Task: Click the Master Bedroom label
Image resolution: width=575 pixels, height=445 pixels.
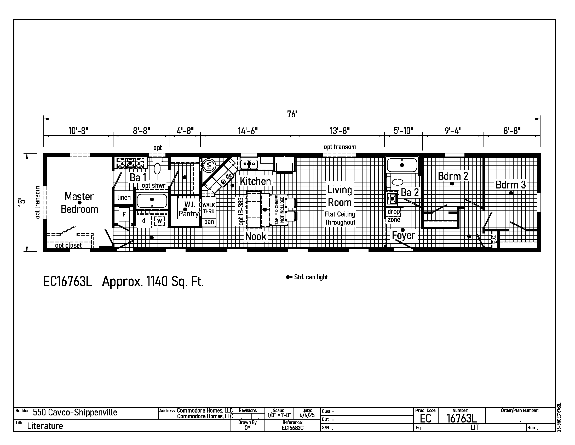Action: pyautogui.click(x=79, y=203)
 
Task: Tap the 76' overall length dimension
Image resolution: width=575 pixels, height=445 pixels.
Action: pyautogui.click(x=292, y=114)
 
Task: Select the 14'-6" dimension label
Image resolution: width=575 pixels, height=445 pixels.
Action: pyautogui.click(x=248, y=131)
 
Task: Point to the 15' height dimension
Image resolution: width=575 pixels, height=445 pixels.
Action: pyautogui.click(x=23, y=202)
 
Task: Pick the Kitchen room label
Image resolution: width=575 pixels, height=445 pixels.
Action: pyautogui.click(x=255, y=181)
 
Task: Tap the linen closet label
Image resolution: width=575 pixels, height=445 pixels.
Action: pyautogui.click(x=124, y=197)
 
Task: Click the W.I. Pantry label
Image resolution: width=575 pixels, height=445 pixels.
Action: pyautogui.click(x=189, y=209)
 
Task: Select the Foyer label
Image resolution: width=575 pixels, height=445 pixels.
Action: pyautogui.click(x=403, y=235)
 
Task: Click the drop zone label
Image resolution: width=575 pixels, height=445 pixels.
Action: pyautogui.click(x=394, y=216)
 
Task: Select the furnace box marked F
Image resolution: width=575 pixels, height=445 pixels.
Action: pyautogui.click(x=124, y=215)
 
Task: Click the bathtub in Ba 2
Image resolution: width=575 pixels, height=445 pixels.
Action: pyautogui.click(x=402, y=165)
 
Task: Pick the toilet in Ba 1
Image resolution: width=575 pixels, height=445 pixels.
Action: pyautogui.click(x=157, y=165)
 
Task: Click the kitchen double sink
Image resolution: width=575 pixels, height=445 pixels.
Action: pyautogui.click(x=249, y=164)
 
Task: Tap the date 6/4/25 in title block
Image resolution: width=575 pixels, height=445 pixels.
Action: pyautogui.click(x=307, y=415)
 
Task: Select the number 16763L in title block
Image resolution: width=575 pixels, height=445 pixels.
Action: pyautogui.click(x=462, y=418)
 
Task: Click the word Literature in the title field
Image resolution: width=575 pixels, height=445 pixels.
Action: pyautogui.click(x=45, y=426)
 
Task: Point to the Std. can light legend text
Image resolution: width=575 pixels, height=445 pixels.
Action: pyautogui.click(x=307, y=277)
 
